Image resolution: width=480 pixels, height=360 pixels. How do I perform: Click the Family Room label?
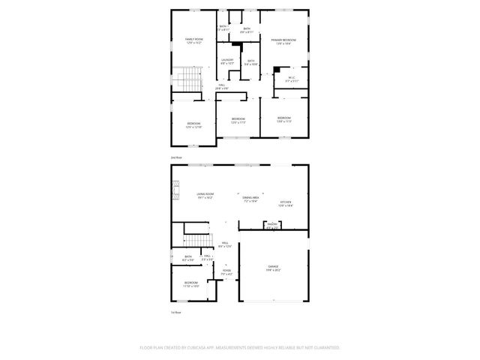194,40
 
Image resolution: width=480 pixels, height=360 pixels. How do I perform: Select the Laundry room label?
227,61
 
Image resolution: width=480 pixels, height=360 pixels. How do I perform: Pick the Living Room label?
205,196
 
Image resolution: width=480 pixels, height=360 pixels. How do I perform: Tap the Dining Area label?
250,199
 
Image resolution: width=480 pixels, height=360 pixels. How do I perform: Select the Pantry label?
271,224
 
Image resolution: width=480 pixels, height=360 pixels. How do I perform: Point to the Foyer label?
226,274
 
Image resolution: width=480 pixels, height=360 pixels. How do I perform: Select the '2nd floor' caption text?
176,157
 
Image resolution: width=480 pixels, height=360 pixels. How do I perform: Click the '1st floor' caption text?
176,312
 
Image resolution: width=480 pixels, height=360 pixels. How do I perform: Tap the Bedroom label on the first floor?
191,283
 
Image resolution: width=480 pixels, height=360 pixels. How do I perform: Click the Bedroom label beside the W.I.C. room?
283,118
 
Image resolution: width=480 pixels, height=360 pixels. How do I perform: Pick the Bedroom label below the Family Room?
193,125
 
